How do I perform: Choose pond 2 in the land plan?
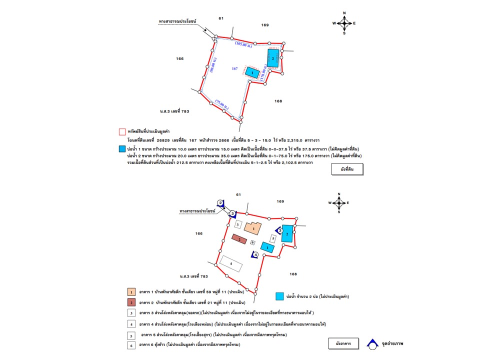[272, 58]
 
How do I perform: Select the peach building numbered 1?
[254, 228]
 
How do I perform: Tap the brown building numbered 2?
[240, 239]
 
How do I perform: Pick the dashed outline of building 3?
[237, 225]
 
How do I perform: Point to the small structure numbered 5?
[272, 238]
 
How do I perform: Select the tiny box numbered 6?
[253, 242]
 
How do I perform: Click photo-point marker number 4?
[255, 254]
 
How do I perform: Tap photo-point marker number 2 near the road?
[220, 202]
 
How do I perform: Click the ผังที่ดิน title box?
[347, 169]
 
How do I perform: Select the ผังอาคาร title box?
[343, 343]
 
